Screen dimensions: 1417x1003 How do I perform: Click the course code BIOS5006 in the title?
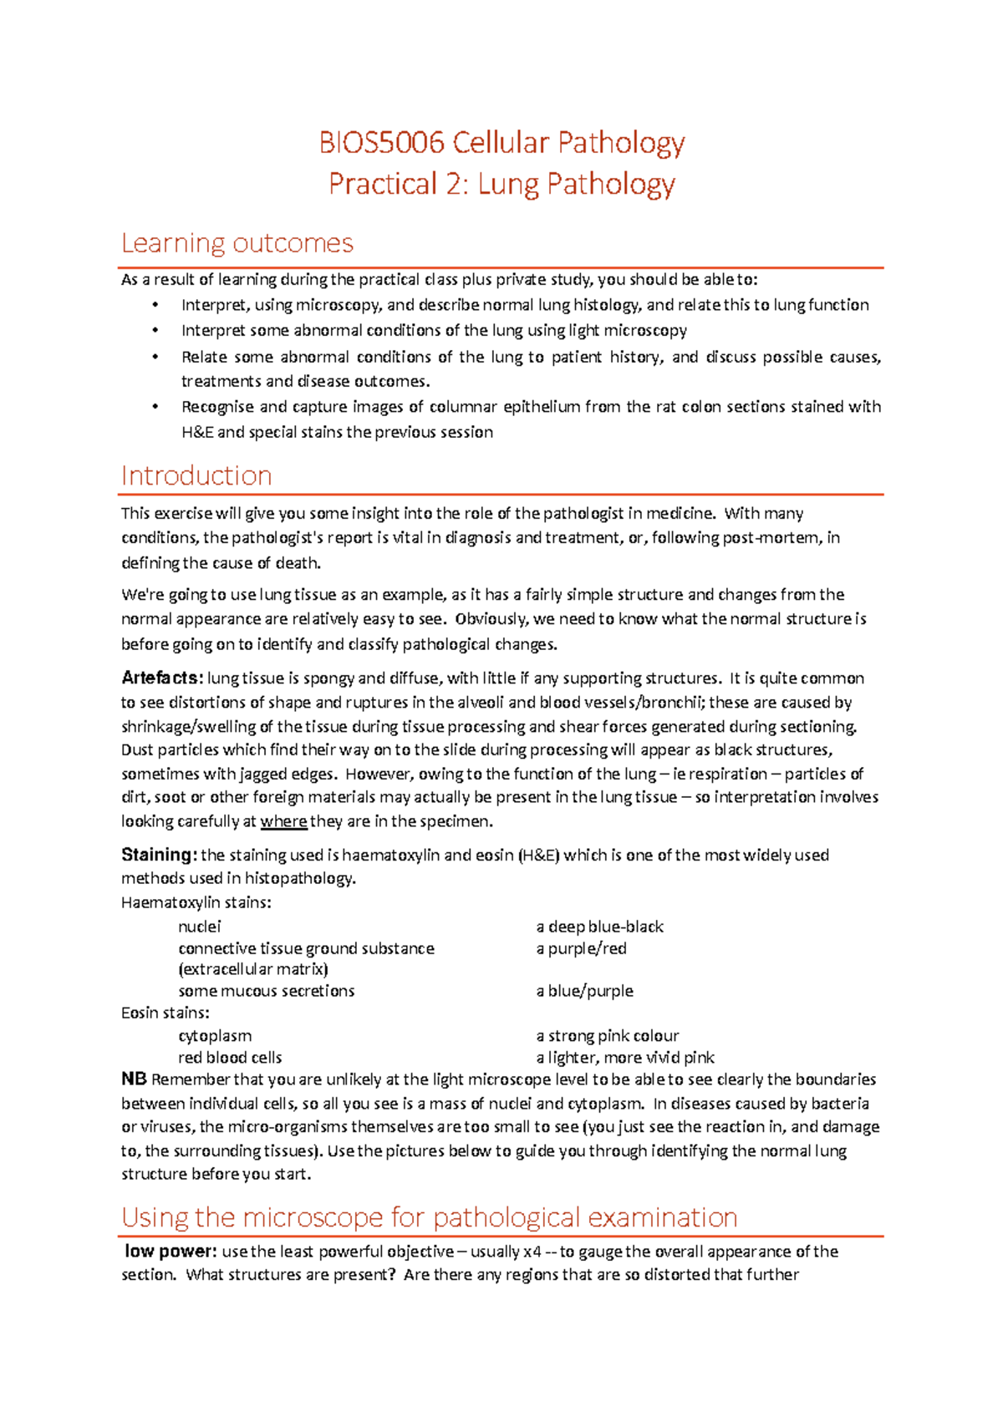click(381, 143)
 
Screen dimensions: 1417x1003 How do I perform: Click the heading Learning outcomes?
click(237, 243)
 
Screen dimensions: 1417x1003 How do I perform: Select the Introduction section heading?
click(196, 475)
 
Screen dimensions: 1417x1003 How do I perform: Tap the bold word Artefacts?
click(161, 678)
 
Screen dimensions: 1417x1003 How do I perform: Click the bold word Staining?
click(159, 855)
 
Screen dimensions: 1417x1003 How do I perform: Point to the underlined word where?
click(283, 821)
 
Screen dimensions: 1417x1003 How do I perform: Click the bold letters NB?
click(134, 1079)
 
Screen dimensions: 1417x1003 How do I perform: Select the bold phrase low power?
click(171, 1252)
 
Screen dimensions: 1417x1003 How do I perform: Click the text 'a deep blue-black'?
click(599, 927)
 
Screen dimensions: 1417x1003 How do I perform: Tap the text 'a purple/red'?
click(581, 948)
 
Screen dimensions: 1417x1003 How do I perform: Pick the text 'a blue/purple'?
click(584, 991)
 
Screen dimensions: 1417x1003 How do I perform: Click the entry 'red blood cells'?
click(230, 1058)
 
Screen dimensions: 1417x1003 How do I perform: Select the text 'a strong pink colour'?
click(607, 1036)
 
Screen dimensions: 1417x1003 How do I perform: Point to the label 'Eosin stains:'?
click(165, 1013)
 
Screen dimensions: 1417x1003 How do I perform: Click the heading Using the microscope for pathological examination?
click(429, 1217)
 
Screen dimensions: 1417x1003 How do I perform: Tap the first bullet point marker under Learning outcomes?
click(155, 305)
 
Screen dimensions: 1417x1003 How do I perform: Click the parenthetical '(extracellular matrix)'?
click(252, 969)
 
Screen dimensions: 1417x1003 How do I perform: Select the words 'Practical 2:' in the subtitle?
click(399, 184)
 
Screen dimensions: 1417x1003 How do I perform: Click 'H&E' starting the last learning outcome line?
click(197, 433)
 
